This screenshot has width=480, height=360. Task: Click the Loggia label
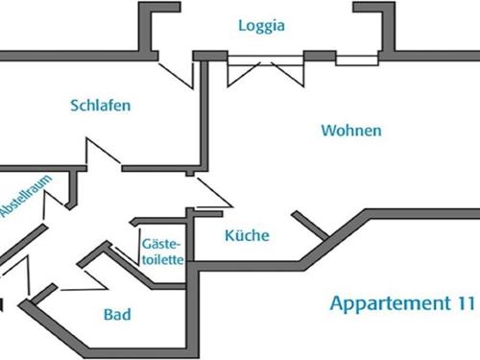262,26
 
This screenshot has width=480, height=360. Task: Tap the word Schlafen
100,105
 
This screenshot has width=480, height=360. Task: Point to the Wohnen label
350,130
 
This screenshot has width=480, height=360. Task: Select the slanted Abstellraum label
23,199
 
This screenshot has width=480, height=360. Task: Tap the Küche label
247,236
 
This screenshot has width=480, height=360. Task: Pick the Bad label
116,314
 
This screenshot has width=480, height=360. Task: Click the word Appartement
387,304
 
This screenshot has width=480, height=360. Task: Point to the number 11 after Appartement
464,304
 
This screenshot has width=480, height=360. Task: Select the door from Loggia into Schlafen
176,70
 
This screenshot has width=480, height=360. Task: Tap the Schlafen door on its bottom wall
102,156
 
